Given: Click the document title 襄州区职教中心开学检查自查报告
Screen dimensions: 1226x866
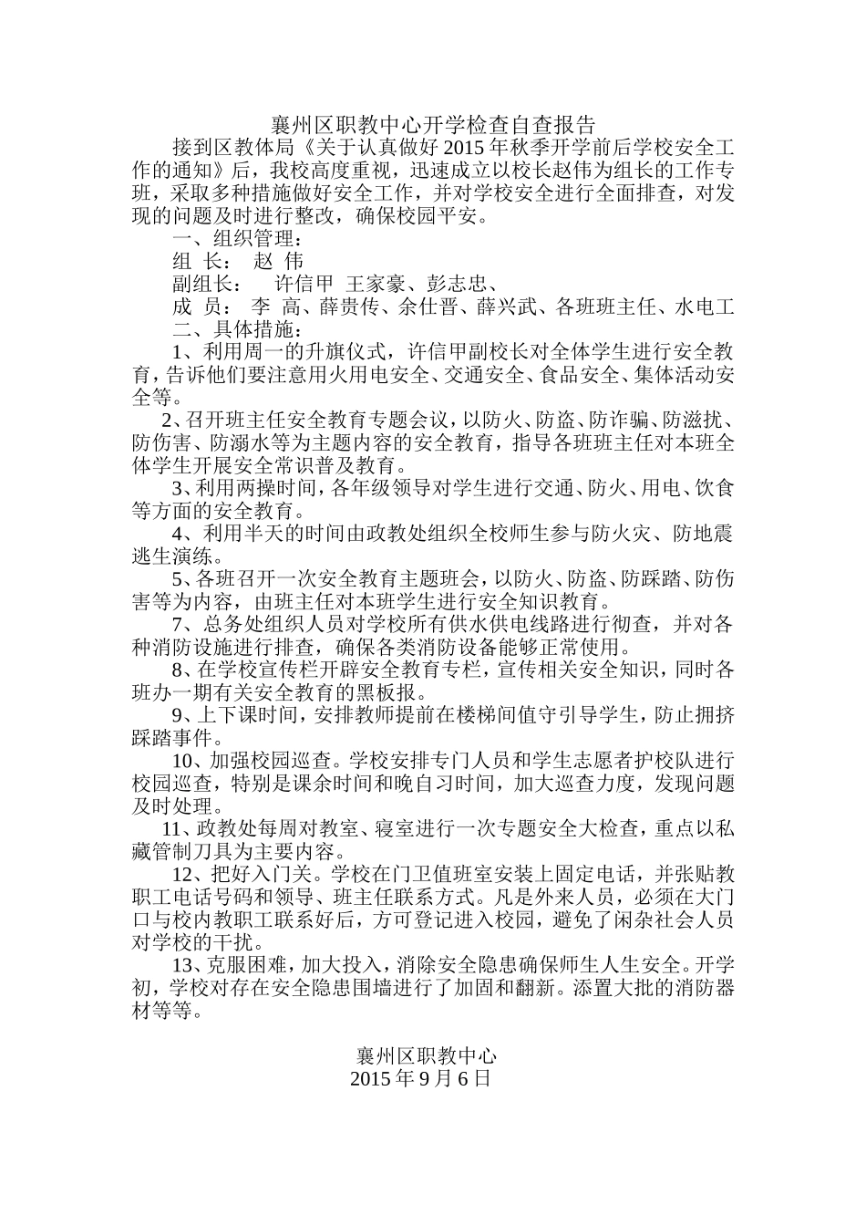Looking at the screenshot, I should [433, 124].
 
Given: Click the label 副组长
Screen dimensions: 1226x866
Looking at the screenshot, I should [205, 284].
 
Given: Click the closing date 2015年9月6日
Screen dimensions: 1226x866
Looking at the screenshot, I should [420, 1078].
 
